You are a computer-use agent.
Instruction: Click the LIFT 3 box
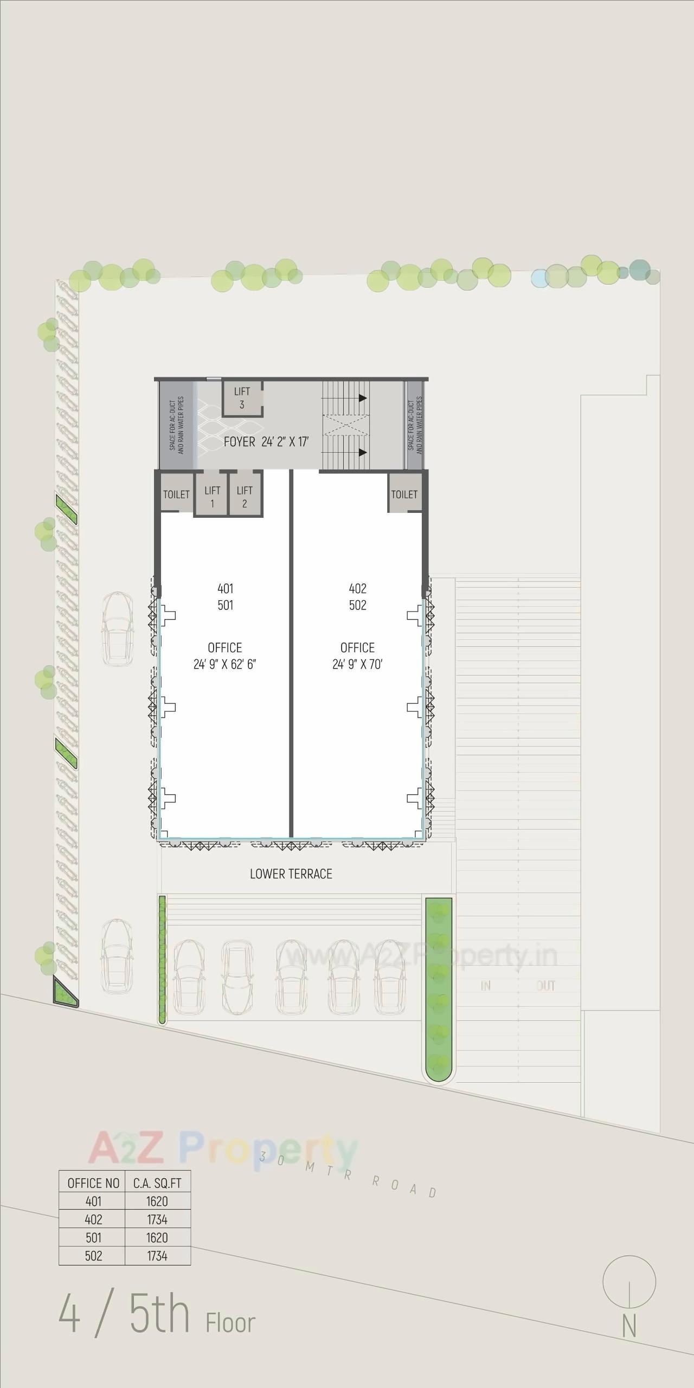click(242, 398)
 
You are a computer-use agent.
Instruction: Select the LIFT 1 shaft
click(212, 496)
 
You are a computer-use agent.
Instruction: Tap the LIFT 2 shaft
click(245, 496)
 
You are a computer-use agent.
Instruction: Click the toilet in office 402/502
click(404, 494)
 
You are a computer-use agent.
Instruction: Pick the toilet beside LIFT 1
click(177, 494)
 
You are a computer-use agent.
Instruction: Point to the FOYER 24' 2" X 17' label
click(266, 442)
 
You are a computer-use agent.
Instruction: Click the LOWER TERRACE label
click(291, 873)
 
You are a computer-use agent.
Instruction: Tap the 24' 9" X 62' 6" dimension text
click(224, 664)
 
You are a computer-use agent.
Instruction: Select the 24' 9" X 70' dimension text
click(357, 664)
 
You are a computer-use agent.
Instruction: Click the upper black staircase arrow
click(362, 398)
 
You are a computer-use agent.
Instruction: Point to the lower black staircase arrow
click(362, 452)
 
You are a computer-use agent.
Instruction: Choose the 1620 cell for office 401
click(157, 1201)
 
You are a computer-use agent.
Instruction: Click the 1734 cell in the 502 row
click(157, 1256)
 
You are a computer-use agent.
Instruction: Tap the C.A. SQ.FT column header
click(157, 1183)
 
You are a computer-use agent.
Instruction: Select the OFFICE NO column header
click(93, 1183)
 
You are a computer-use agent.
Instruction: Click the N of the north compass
click(629, 1327)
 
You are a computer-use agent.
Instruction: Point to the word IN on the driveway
click(486, 986)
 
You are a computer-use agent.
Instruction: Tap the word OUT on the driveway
click(545, 986)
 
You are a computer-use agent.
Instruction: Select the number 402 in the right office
click(358, 588)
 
